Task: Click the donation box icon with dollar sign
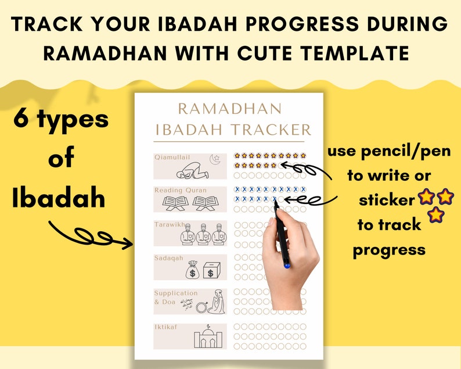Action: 213,269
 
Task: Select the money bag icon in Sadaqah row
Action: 193,269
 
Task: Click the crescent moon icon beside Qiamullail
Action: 216,158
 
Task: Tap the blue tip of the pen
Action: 286,265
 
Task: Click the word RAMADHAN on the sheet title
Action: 229,108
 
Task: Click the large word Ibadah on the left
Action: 59,198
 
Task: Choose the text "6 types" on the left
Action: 61,120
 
